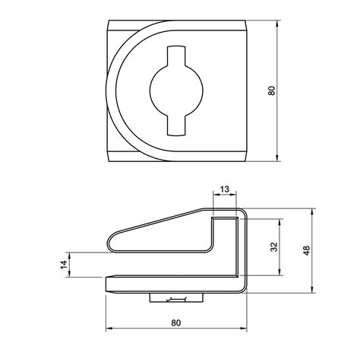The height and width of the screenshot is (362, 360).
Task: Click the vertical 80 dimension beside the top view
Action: tap(271, 90)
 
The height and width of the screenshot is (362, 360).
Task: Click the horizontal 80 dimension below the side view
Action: tap(176, 322)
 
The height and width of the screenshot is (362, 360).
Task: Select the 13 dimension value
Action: tap(225, 189)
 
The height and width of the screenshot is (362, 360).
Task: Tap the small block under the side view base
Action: tap(176, 298)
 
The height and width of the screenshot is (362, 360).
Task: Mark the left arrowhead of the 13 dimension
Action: tap(215, 196)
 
